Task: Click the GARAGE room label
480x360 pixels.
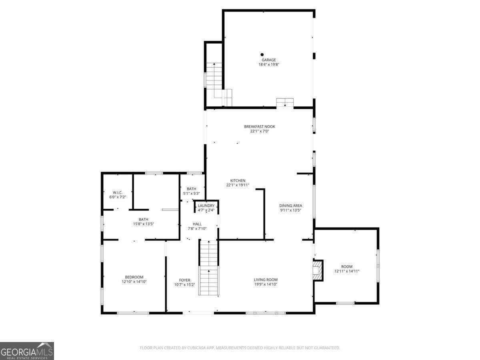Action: [x=269, y=60]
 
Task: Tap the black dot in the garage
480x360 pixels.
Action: [x=262, y=54]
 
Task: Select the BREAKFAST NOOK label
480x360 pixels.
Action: [x=260, y=127]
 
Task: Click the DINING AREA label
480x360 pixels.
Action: [x=290, y=206]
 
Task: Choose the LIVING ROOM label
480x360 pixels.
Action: [x=266, y=280]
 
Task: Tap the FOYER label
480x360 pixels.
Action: [x=185, y=280]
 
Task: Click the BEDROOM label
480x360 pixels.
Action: [x=134, y=277]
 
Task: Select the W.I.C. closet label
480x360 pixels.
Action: [x=117, y=192]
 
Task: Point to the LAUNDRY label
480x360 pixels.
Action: [x=206, y=206]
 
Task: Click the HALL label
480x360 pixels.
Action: [x=197, y=224]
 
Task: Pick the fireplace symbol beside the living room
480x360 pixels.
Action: [x=317, y=270]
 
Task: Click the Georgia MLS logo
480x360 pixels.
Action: [x=27, y=351]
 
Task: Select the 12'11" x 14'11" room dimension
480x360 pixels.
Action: [x=347, y=271]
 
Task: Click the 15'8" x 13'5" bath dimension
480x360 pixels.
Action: [x=143, y=224]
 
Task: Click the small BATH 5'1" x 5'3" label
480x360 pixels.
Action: [x=192, y=189]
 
